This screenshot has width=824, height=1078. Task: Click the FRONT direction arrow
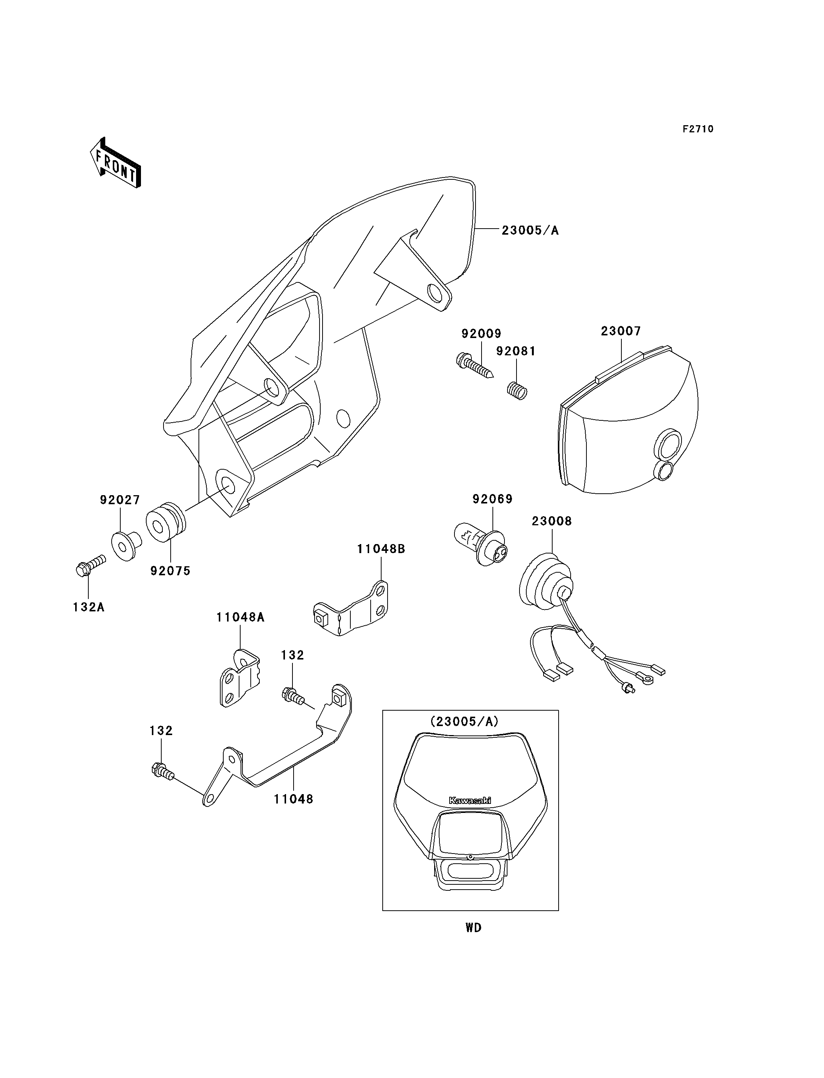tap(115, 163)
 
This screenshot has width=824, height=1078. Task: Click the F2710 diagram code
tap(698, 129)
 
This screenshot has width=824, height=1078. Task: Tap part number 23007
tap(621, 331)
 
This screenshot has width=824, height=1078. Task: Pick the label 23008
tap(552, 521)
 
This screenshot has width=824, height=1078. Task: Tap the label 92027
tap(120, 500)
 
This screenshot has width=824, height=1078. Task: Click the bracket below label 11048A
tap(239, 678)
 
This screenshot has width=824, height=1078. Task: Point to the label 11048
tap(293, 799)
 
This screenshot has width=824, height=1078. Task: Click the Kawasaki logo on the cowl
tap(470, 800)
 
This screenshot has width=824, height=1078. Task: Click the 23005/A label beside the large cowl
tap(530, 230)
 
